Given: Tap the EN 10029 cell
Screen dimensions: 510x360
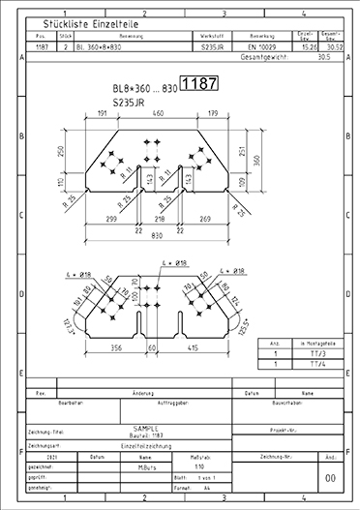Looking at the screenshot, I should [x=262, y=45].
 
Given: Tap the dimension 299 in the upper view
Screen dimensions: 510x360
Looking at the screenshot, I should [x=109, y=220].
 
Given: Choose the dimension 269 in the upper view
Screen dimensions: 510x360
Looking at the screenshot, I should [x=205, y=220].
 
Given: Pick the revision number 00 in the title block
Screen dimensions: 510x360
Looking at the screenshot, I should [x=331, y=478].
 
